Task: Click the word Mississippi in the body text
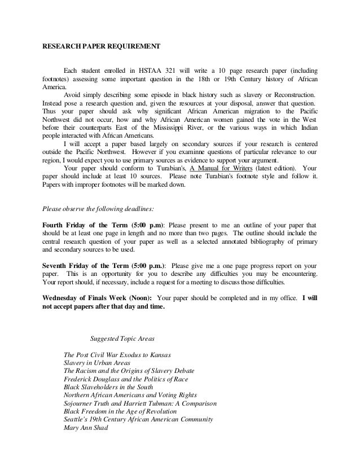click(x=165, y=128)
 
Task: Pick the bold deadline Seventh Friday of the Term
click(x=87, y=265)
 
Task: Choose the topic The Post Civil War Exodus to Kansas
click(x=117, y=355)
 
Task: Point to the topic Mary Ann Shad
click(x=84, y=428)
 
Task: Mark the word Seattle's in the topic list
click(x=77, y=420)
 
